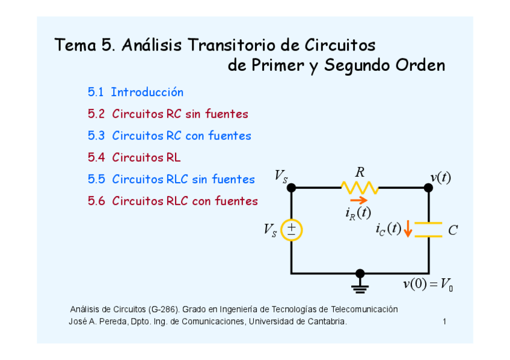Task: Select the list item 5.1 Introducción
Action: click(135, 93)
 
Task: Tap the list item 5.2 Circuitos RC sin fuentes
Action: click(168, 114)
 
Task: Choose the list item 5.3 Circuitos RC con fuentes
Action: click(169, 136)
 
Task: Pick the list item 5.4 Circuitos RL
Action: click(134, 158)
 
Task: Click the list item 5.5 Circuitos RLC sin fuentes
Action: click(171, 180)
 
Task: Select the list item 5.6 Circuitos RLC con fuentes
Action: click(173, 201)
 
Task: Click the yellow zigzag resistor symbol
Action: click(360, 188)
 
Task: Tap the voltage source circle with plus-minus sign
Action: click(291, 230)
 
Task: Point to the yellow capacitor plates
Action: click(428, 230)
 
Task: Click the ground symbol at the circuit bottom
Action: click(360, 282)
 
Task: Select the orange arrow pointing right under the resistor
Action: click(358, 201)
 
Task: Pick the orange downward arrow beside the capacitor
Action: click(408, 229)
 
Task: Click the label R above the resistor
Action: click(360, 172)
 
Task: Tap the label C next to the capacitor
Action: click(453, 230)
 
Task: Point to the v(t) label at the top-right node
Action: click(440, 177)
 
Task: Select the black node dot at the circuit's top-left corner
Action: click(291, 188)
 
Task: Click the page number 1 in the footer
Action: click(444, 322)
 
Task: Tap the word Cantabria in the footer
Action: click(328, 322)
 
